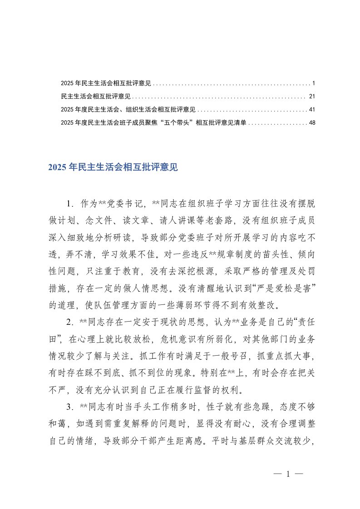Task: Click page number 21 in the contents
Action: click(x=311, y=97)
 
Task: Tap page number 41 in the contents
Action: click(x=311, y=109)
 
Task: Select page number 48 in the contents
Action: click(x=311, y=122)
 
